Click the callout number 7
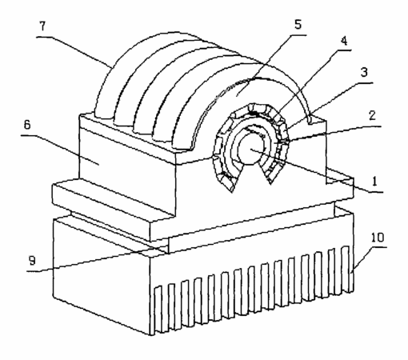(x=42, y=26)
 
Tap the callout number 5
(x=298, y=24)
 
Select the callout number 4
(x=344, y=41)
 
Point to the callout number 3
(x=364, y=72)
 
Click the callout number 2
(x=372, y=115)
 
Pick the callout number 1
(x=374, y=182)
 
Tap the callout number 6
(x=27, y=125)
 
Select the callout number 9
(x=32, y=261)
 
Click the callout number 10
(x=378, y=238)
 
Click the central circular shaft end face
(x=250, y=150)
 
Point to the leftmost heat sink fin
(x=158, y=310)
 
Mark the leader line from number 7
(x=74, y=51)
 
